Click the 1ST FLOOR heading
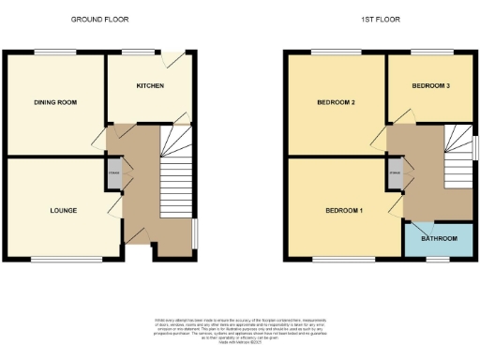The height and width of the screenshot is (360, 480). [380, 19]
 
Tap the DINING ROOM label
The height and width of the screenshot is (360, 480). [52, 102]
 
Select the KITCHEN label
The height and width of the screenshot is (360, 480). [150, 85]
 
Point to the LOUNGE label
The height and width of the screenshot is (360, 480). [63, 210]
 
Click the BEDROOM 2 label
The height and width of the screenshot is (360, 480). [335, 102]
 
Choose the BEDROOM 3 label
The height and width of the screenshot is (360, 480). [431, 85]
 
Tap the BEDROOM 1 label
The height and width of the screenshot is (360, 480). [343, 210]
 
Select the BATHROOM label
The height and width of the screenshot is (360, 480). [439, 239]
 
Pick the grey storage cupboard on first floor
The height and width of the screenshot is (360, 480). [396, 172]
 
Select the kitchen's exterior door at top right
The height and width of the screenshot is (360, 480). [167, 59]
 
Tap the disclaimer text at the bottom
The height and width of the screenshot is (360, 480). [240, 325]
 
